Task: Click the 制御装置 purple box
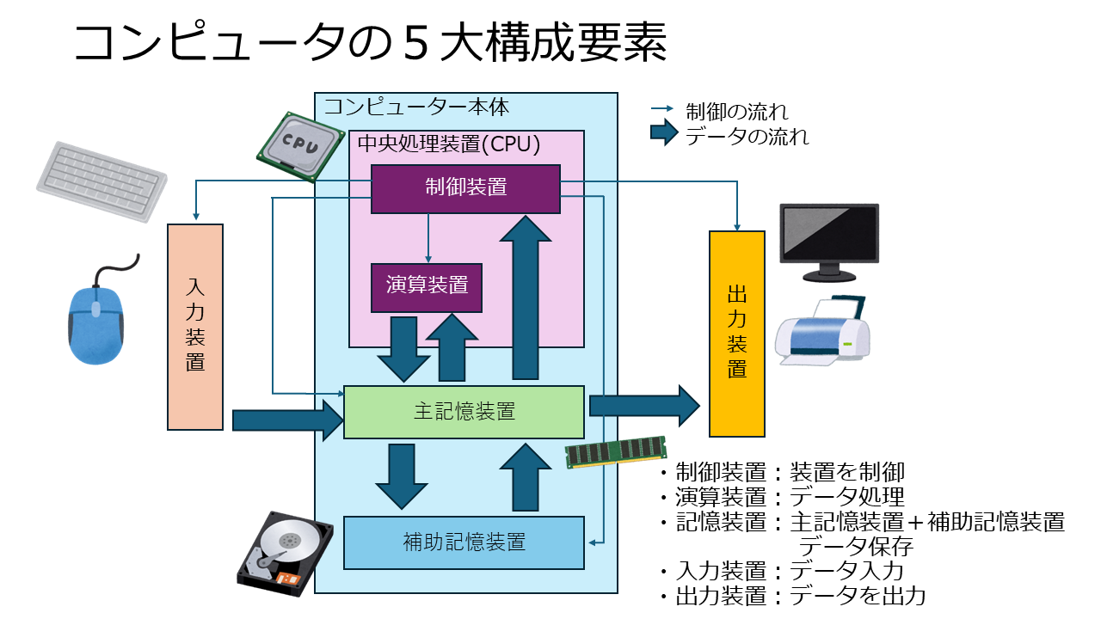(465, 188)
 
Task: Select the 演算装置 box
(426, 287)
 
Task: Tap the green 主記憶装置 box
(464, 412)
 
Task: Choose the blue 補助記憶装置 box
(464, 542)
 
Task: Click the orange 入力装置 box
(195, 327)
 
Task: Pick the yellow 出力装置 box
(737, 334)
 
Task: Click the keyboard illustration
(101, 181)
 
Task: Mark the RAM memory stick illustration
(616, 451)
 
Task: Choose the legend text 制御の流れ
(736, 111)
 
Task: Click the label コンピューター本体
(404, 107)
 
